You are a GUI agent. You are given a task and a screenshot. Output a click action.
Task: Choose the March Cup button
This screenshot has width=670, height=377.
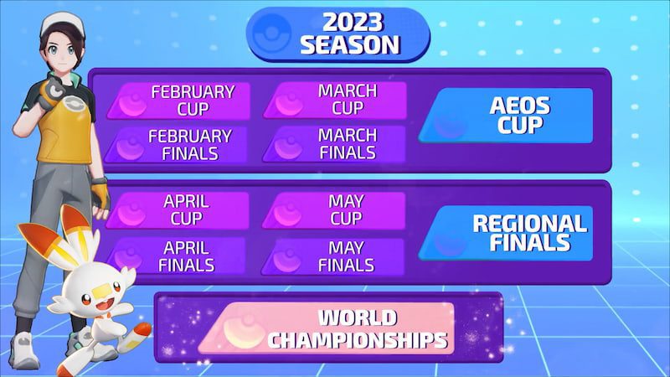click(x=334, y=101)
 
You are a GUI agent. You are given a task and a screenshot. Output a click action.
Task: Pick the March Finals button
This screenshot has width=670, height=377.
click(x=334, y=144)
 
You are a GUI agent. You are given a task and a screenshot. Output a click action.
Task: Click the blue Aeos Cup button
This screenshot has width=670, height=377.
click(x=507, y=116)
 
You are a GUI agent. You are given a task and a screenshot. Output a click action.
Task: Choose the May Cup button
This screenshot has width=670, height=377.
click(x=334, y=210)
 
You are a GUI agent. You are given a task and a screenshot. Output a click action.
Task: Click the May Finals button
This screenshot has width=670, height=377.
click(x=334, y=256)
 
